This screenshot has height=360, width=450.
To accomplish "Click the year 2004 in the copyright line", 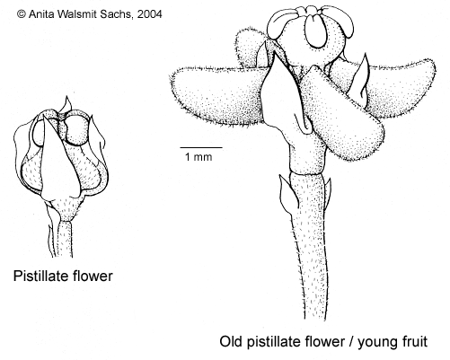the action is click(x=149, y=14).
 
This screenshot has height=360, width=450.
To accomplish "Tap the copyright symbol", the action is click(x=22, y=14).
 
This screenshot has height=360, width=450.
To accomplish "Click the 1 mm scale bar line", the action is click(x=201, y=147).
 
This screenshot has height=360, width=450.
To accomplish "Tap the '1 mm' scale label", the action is click(x=199, y=157).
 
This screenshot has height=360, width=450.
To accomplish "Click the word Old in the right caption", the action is click(x=231, y=341).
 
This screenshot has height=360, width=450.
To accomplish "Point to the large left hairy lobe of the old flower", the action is click(x=218, y=94).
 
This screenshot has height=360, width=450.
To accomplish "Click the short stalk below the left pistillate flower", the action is click(x=65, y=239).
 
